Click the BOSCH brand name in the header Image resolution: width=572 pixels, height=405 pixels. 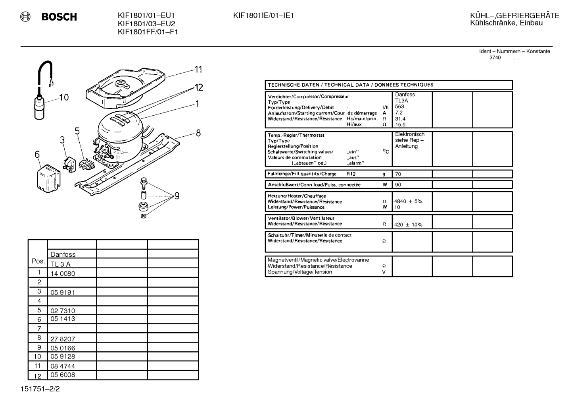tap(59, 17)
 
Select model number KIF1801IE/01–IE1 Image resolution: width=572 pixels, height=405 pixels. tap(263, 16)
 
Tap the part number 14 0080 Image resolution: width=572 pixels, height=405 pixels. tap(63, 273)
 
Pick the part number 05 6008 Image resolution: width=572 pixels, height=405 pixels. tap(63, 375)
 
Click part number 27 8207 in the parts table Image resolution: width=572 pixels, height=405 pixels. tap(63, 339)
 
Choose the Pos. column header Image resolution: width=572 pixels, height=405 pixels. tap(38, 261)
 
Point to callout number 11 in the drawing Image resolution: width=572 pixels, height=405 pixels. tap(198, 69)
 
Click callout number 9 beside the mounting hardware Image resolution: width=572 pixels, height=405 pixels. tap(177, 196)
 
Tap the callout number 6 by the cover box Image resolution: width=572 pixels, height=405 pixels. tap(37, 154)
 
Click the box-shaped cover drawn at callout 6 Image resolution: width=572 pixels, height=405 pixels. tap(48, 178)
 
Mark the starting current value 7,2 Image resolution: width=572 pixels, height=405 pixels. tap(399, 113)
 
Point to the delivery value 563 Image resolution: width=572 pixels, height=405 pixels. tap(399, 107)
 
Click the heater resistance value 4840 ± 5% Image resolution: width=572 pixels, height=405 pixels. tap(408, 202)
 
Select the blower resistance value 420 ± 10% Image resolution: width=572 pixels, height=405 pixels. tap(408, 225)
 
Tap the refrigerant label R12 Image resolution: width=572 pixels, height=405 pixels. tap(351, 174)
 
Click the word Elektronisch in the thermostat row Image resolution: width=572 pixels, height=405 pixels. tap(410, 134)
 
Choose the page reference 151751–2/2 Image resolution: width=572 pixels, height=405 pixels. tap(40, 389)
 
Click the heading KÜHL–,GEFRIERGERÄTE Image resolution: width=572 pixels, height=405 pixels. tap(514, 16)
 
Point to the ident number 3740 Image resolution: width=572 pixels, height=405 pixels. tap(495, 58)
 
